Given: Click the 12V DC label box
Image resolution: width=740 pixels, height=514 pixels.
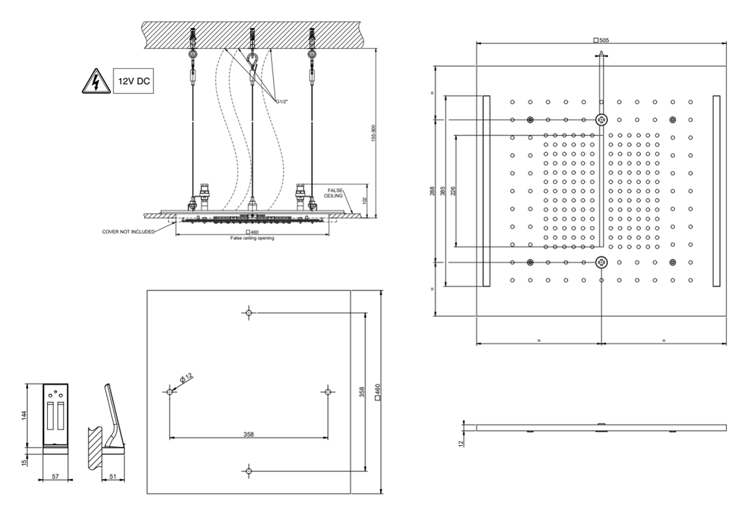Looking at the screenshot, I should click(133, 82).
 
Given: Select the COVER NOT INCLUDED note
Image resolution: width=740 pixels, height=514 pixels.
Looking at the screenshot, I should click(129, 231).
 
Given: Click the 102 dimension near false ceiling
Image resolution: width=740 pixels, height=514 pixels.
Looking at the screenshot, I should click(365, 201).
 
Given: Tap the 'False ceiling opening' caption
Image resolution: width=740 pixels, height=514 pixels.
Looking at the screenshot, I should click(252, 238).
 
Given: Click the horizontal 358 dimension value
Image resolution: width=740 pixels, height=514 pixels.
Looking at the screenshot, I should click(249, 433).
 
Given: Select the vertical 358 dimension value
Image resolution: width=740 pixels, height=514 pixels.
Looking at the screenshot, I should click(361, 393).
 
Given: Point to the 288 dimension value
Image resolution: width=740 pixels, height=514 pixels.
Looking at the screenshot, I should click(432, 191).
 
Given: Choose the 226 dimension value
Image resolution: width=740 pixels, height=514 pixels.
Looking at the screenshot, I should click(453, 191).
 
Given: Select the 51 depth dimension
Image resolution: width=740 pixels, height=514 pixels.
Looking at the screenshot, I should click(113, 477).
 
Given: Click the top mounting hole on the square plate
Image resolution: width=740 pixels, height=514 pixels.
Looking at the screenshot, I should click(249, 313).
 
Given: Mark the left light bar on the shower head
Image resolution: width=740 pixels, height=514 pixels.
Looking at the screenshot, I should click(486, 191).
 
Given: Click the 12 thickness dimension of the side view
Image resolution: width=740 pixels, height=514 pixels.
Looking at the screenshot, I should click(461, 443).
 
